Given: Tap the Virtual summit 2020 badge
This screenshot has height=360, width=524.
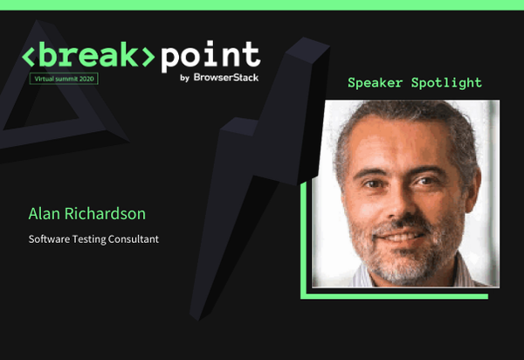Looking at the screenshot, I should pyautogui.click(x=65, y=79).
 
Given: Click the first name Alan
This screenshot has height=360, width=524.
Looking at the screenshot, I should pyautogui.click(x=45, y=213).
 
